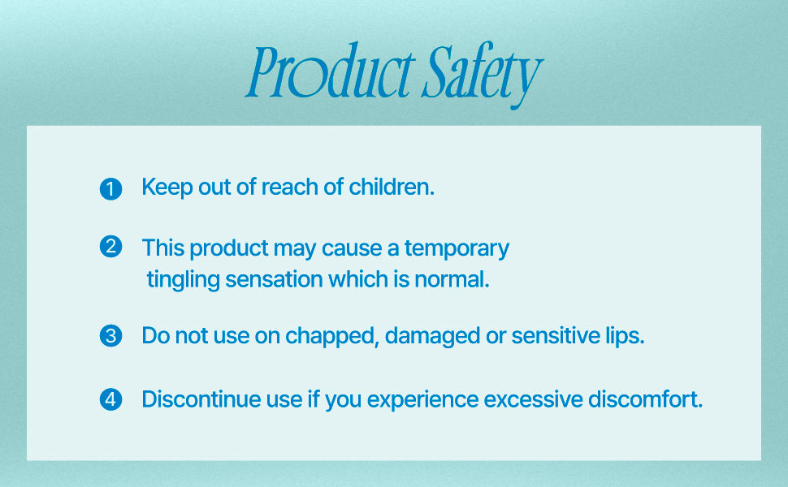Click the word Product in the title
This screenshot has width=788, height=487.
tap(331, 71)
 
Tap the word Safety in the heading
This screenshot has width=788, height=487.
tap(483, 75)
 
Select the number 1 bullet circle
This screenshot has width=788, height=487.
tap(110, 189)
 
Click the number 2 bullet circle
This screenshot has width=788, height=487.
tap(110, 247)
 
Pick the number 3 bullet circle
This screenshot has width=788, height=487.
tap(110, 336)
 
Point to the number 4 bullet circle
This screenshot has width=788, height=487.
tap(110, 399)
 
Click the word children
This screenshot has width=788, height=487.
tap(392, 187)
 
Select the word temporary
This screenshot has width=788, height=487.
tap(457, 249)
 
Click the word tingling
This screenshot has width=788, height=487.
tap(184, 280)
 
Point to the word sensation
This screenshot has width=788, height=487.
tap(274, 279)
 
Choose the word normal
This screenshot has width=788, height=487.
tap(452, 279)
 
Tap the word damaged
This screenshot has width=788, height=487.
tap(432, 336)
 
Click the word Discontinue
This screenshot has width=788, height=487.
tap(201, 399)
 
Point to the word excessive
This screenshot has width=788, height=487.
tap(533, 399)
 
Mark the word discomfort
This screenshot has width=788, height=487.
tap(645, 399)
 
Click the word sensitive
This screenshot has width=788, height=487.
tap(556, 335)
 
